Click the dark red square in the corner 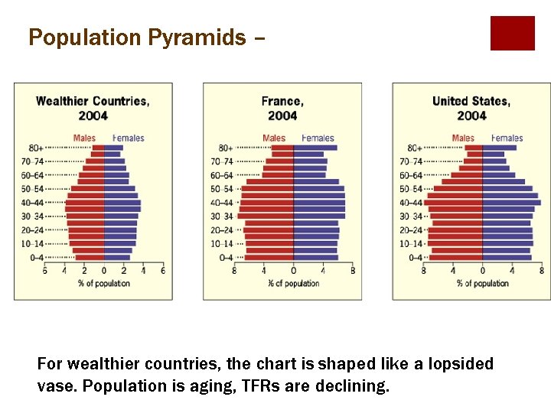pos(512,33)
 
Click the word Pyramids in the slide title pos(204,37)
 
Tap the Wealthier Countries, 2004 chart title pos(93,108)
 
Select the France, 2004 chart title pos(282,108)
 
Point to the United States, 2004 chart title pos(471,108)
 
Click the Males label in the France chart pos(274,138)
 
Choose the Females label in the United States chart pos(507,138)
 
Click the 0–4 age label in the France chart pos(226,258)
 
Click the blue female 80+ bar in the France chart pos(315,148)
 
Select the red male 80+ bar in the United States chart pos(474,148)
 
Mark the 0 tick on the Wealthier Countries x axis pos(103,270)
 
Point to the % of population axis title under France pos(293,283)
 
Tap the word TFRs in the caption pos(259,385)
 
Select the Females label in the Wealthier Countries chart pos(128,138)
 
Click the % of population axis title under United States pos(482,283)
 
